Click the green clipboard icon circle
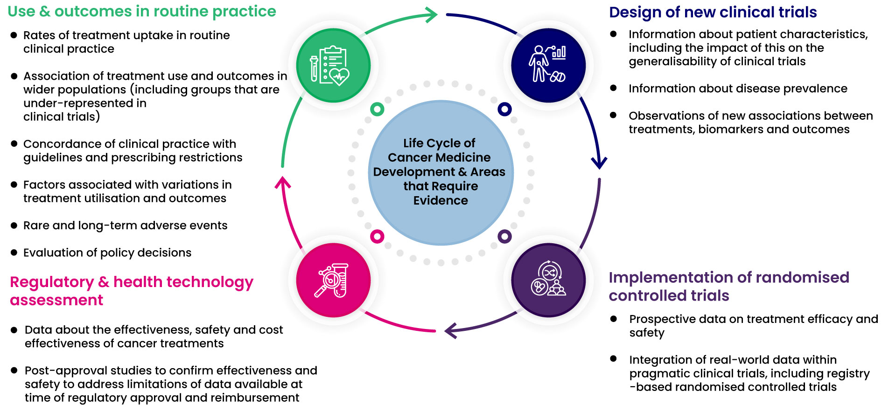(333, 65)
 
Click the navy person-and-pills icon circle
(548, 65)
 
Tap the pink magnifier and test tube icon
(333, 280)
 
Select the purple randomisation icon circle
(548, 280)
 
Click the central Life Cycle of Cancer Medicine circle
(441, 172)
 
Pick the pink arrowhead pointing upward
(282, 183)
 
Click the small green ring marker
(377, 110)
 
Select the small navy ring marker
(504, 109)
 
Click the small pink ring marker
(377, 236)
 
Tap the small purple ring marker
(504, 236)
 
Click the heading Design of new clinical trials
(713, 12)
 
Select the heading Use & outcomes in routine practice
(142, 11)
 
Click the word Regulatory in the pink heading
(52, 282)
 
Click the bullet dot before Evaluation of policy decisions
(14, 253)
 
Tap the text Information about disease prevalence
(737, 89)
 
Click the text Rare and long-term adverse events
(125, 226)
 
